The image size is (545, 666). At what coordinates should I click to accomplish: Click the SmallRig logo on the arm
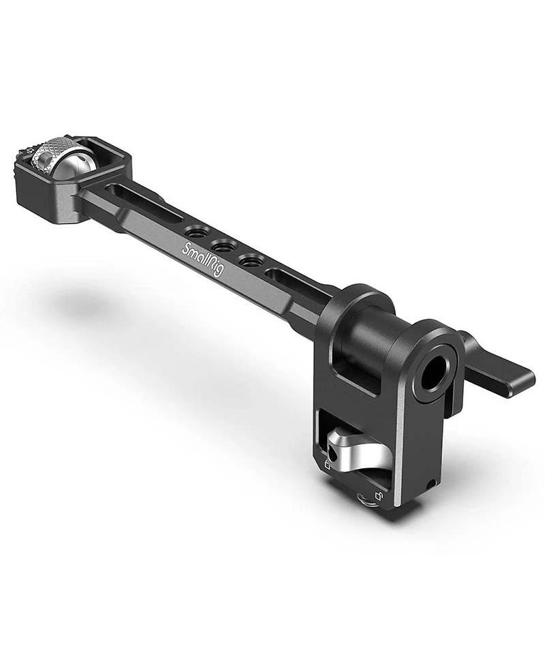202,259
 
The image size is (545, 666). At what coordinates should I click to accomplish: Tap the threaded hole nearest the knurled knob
198,232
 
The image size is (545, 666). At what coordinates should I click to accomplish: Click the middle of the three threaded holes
225,246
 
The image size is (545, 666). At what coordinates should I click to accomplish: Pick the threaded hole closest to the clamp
251,260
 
